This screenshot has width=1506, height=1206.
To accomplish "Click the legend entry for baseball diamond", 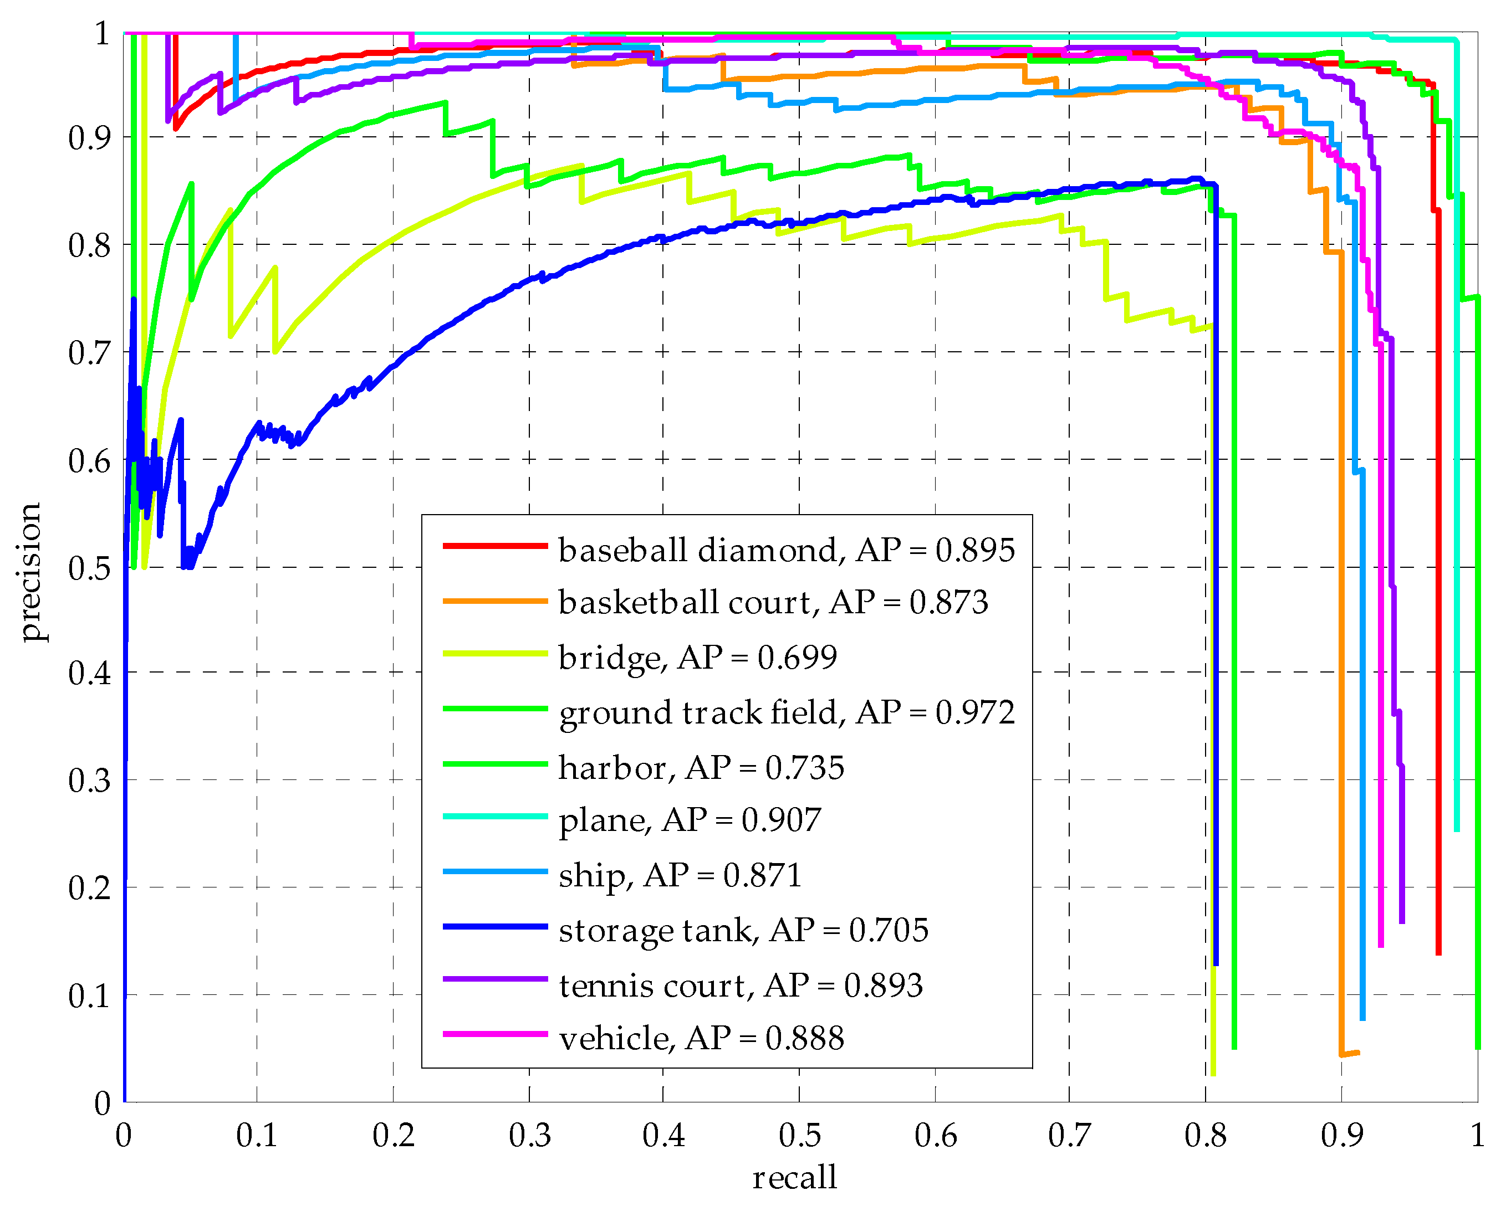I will click(x=786, y=550).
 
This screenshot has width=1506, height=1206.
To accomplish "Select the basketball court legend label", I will click(x=773, y=603).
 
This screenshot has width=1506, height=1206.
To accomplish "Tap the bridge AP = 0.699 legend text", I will click(x=697, y=657).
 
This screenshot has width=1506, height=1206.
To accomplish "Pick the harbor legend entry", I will click(x=701, y=767).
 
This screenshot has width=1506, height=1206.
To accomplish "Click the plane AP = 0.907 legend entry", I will click(x=690, y=820).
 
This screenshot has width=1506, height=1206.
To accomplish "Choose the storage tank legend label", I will click(x=743, y=930).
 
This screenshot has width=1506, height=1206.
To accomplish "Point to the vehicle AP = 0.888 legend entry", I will click(x=701, y=1038).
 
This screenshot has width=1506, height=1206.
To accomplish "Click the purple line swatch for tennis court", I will click(x=494, y=979).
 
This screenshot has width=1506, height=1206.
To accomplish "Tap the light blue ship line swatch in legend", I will click(x=494, y=871).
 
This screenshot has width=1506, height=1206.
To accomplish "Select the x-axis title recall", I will click(x=794, y=1177).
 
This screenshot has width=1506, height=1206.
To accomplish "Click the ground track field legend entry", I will click(x=786, y=712).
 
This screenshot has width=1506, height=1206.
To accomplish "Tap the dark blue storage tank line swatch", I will click(x=494, y=927).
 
